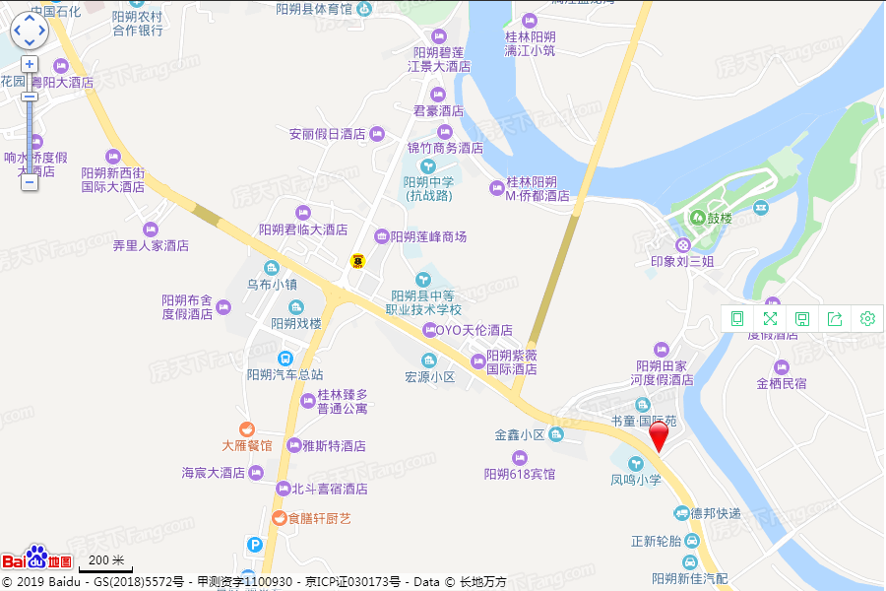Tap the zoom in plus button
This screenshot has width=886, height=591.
click(x=30, y=64)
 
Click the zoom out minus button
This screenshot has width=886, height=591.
click(x=30, y=182)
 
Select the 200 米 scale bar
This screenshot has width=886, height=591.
click(x=104, y=563)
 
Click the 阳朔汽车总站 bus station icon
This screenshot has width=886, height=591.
click(x=285, y=359)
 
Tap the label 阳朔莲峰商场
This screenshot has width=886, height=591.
click(x=428, y=236)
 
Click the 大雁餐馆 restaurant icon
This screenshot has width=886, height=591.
click(x=246, y=428)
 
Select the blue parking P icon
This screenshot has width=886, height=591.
click(x=255, y=544)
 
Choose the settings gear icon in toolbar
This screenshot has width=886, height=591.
click(x=867, y=318)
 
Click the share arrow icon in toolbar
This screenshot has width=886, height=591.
click(x=835, y=318)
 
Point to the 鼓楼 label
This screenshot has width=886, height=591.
click(x=720, y=218)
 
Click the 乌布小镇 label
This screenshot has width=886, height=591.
click(x=272, y=285)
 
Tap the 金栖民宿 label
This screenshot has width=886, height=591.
click(x=782, y=383)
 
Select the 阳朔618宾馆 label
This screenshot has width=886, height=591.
click(x=520, y=474)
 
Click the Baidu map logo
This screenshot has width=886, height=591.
click(x=37, y=558)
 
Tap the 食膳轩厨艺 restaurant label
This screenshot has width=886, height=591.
click(x=319, y=518)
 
